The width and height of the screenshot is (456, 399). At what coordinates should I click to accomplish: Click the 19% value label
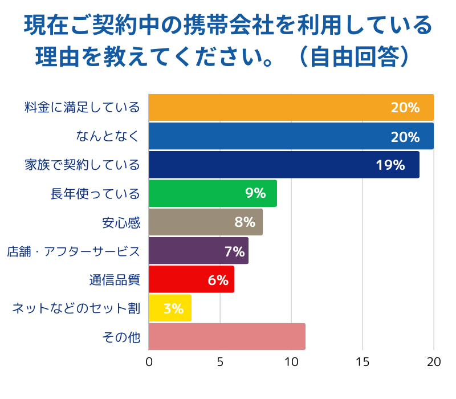(390, 165)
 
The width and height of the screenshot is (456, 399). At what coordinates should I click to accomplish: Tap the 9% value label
(255, 194)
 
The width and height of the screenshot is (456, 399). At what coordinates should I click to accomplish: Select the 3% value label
(173, 309)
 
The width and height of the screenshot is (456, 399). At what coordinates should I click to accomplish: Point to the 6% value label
(218, 280)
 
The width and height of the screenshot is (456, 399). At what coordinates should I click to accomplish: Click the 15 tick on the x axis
(363, 362)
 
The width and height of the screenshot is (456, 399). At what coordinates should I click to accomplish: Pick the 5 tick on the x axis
(220, 362)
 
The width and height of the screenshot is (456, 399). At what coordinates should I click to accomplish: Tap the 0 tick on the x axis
(149, 362)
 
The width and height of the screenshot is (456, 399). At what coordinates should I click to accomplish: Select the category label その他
(121, 337)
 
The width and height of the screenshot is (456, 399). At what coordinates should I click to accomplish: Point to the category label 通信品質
(114, 280)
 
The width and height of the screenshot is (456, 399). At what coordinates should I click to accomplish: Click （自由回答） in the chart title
(353, 57)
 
